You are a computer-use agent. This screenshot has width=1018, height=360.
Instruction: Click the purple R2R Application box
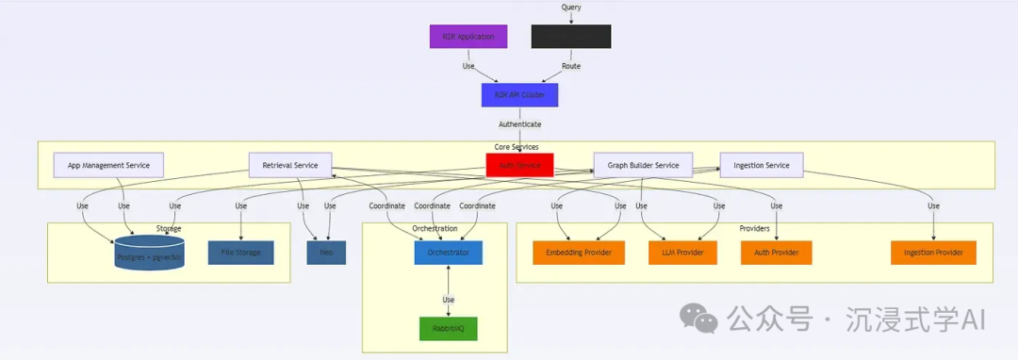click(x=468, y=37)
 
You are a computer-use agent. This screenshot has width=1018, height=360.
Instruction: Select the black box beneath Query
click(x=570, y=37)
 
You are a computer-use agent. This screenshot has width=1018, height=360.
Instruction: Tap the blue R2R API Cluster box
click(x=519, y=95)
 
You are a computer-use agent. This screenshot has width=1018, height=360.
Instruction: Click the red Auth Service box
click(x=519, y=165)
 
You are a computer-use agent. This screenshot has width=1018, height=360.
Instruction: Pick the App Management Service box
click(x=108, y=165)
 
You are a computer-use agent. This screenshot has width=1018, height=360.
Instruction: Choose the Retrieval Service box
click(x=290, y=165)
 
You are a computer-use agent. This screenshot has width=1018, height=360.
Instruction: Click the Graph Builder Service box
click(x=643, y=165)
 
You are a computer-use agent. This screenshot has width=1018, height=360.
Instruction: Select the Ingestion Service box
click(x=761, y=165)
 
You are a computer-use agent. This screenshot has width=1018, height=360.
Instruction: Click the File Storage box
click(x=240, y=253)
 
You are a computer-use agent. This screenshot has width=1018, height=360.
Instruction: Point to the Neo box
click(x=326, y=253)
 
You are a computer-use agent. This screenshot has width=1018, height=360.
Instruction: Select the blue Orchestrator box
click(x=449, y=253)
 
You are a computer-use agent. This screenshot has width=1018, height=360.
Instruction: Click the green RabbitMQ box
click(x=449, y=328)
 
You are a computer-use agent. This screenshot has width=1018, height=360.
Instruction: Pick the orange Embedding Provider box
click(x=579, y=253)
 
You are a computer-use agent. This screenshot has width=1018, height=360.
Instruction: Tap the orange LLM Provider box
click(x=682, y=253)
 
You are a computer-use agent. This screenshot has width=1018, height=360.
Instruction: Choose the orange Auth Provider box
click(x=776, y=253)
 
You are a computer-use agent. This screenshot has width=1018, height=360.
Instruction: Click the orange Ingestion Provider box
click(x=933, y=253)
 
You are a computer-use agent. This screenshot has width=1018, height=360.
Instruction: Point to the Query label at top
click(x=571, y=8)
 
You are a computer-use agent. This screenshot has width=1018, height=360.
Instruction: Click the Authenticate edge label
click(x=519, y=123)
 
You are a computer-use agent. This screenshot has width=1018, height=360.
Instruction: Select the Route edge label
click(x=571, y=66)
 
